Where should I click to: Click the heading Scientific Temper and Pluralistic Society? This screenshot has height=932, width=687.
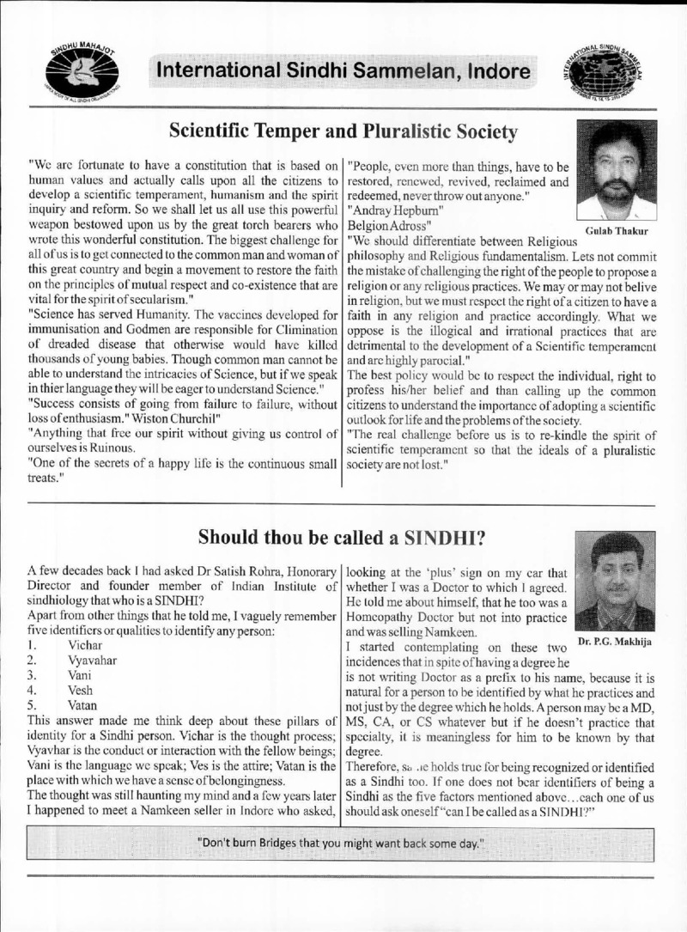[343, 131]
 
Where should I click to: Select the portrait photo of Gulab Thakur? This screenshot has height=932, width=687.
[617, 170]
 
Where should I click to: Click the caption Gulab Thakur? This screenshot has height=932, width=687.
[617, 231]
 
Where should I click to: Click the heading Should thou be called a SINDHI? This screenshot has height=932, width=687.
[343, 537]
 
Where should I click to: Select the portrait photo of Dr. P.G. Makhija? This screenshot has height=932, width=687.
[616, 581]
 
